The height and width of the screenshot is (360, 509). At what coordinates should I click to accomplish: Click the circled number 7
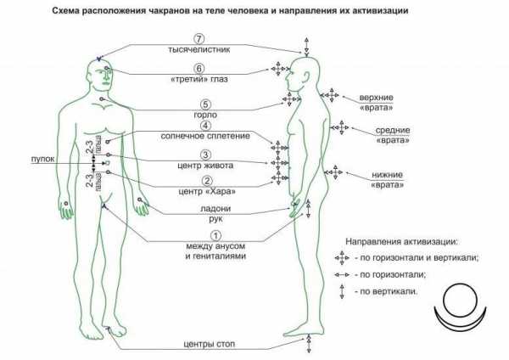pos(199,39)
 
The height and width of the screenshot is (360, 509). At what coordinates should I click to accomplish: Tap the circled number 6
pos(199,69)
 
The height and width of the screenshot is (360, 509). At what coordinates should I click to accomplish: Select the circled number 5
pos(205,104)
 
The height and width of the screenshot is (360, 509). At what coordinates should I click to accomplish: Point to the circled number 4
pos(205,126)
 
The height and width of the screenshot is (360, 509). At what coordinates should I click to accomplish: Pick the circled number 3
pos(205,155)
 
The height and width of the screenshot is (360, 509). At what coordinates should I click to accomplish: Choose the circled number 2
pos(207,181)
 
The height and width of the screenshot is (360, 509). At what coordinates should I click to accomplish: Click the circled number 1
pos(215,235)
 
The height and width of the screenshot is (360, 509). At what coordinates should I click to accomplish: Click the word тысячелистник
pos(199,50)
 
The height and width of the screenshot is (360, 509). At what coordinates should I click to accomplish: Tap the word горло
pos(205,115)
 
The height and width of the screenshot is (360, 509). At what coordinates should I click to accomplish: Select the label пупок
pos(42,160)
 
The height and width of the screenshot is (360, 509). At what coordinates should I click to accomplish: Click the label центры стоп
pos(209,344)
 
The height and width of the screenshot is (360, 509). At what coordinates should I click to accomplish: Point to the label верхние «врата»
pos(376,103)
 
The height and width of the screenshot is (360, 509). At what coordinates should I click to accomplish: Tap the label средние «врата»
pos(393,135)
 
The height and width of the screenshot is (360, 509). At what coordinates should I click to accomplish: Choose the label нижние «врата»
pos(388,180)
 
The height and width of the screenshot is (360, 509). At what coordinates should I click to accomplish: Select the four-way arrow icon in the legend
pos(342,258)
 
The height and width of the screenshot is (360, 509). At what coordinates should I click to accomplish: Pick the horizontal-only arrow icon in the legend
pos(342,275)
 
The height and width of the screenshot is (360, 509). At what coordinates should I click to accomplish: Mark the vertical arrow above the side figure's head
pos(306,46)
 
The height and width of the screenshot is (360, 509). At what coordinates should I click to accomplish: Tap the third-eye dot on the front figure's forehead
pos(107,68)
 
